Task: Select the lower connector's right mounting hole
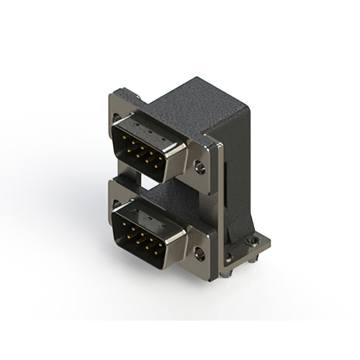coord(199,254)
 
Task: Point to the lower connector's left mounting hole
coord(116,203)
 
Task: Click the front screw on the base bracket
coord(228,258)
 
